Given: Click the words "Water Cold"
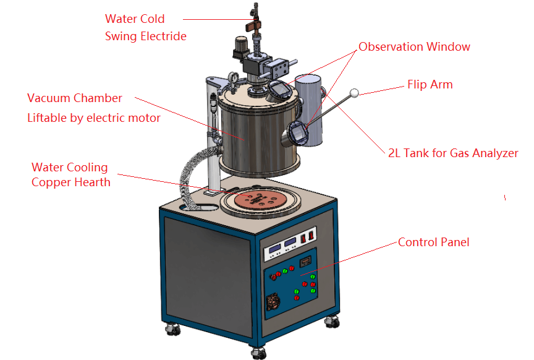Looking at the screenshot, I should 135,19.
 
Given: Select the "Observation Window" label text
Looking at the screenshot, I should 414,47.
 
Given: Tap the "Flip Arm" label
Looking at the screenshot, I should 430,85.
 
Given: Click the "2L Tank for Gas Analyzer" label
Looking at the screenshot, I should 452,153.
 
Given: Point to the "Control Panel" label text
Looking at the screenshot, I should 433,242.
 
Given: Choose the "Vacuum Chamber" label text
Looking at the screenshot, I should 75,98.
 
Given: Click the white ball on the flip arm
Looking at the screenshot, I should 354,93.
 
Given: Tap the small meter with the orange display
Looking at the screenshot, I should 305,262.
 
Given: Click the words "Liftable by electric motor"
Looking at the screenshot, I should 94,118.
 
